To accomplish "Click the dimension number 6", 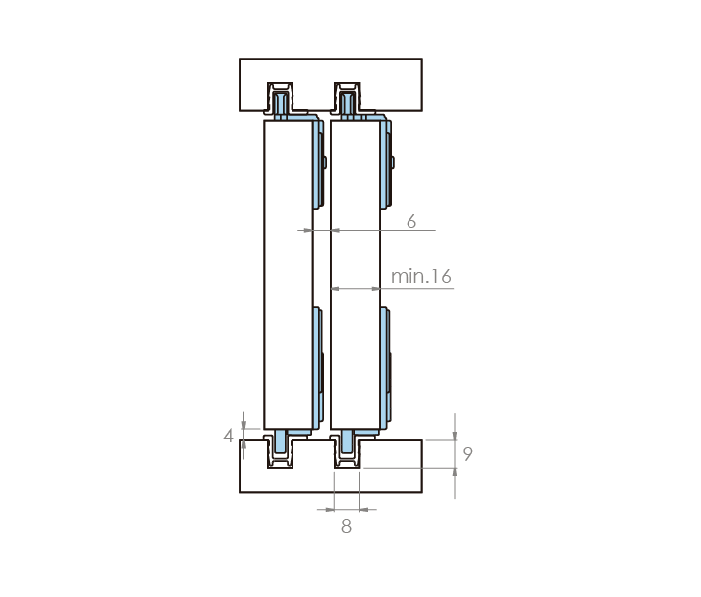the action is (411, 221).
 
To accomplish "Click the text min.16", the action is (421, 276).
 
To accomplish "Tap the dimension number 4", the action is (228, 436).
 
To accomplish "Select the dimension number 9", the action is (467, 454).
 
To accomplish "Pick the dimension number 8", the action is (346, 527).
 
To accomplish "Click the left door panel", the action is (289, 275).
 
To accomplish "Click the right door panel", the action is (355, 275).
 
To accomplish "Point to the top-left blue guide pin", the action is (281, 104).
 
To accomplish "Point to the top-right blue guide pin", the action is (347, 104).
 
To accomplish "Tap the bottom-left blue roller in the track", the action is (281, 442).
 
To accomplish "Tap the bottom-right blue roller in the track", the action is (347, 442).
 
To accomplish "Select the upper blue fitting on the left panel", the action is (318, 164).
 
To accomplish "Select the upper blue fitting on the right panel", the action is (386, 164).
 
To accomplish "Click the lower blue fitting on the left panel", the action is (318, 368).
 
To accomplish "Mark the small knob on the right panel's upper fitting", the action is (393, 162).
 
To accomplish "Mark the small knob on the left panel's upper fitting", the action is (325, 162).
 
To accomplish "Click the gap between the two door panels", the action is (322, 269).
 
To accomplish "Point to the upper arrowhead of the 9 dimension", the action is (455, 436).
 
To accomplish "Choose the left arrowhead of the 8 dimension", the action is (330, 509).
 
